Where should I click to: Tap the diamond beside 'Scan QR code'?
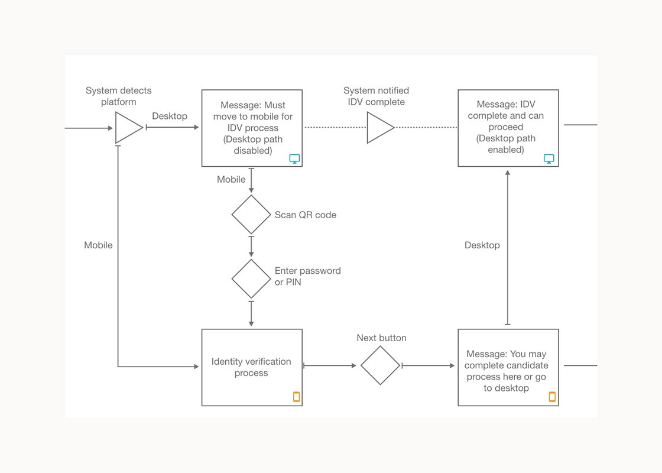tap(251, 215)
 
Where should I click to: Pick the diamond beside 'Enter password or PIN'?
tap(251, 278)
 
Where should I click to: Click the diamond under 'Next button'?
tap(381, 365)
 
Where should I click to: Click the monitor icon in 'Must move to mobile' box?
tap(295, 159)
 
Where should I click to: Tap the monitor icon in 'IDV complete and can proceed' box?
tap(549, 159)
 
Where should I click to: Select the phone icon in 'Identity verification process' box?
tap(296, 397)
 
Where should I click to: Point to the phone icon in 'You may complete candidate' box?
tap(552, 397)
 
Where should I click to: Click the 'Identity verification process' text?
tap(251, 367)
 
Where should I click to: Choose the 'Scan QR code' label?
tap(306, 215)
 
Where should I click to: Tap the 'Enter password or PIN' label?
tap(308, 276)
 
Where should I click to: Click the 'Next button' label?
tap(382, 338)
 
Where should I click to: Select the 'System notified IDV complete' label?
tap(376, 96)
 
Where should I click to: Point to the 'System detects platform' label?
tap(119, 96)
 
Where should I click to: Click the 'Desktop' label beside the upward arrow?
tap(482, 245)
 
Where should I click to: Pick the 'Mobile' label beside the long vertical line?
tap(98, 245)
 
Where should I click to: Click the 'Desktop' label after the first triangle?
tap(170, 116)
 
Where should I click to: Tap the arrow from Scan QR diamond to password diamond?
tap(251, 247)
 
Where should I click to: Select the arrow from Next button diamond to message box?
tap(428, 366)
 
